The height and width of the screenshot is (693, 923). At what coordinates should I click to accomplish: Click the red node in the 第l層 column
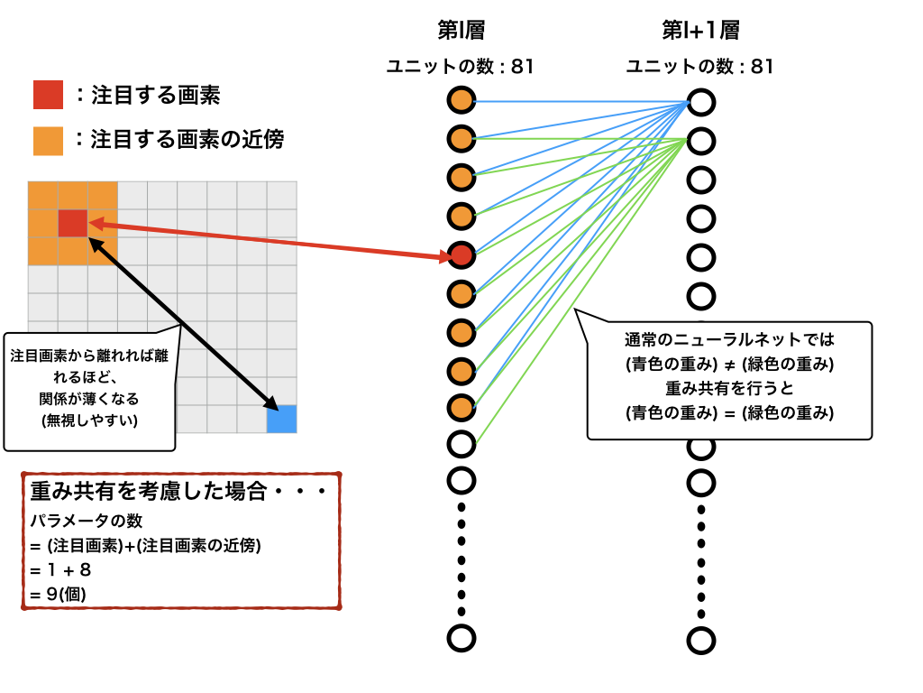click(461, 255)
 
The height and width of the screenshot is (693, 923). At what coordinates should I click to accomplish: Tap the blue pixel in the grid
click(281, 420)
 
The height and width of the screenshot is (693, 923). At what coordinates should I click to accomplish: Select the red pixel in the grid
click(72, 223)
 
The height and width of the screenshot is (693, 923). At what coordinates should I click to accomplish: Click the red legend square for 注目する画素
click(48, 95)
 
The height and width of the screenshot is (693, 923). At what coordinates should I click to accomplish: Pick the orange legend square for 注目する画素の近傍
click(48, 140)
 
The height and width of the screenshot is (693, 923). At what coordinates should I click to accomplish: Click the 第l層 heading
click(461, 31)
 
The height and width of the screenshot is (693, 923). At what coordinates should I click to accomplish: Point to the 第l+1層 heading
click(700, 31)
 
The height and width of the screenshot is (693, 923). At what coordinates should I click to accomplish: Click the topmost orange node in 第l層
click(461, 100)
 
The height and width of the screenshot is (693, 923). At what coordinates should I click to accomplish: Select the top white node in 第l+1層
click(700, 102)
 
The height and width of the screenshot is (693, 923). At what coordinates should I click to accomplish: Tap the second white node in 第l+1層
click(700, 141)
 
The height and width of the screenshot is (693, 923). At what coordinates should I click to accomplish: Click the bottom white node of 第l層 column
click(461, 638)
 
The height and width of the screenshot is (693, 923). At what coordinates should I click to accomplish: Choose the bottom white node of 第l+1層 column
click(700, 640)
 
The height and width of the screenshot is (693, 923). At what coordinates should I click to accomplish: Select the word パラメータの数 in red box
click(86, 522)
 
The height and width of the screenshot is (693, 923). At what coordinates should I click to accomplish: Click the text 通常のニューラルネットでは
click(729, 341)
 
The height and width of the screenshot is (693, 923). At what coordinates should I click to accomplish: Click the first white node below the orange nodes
click(461, 443)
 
